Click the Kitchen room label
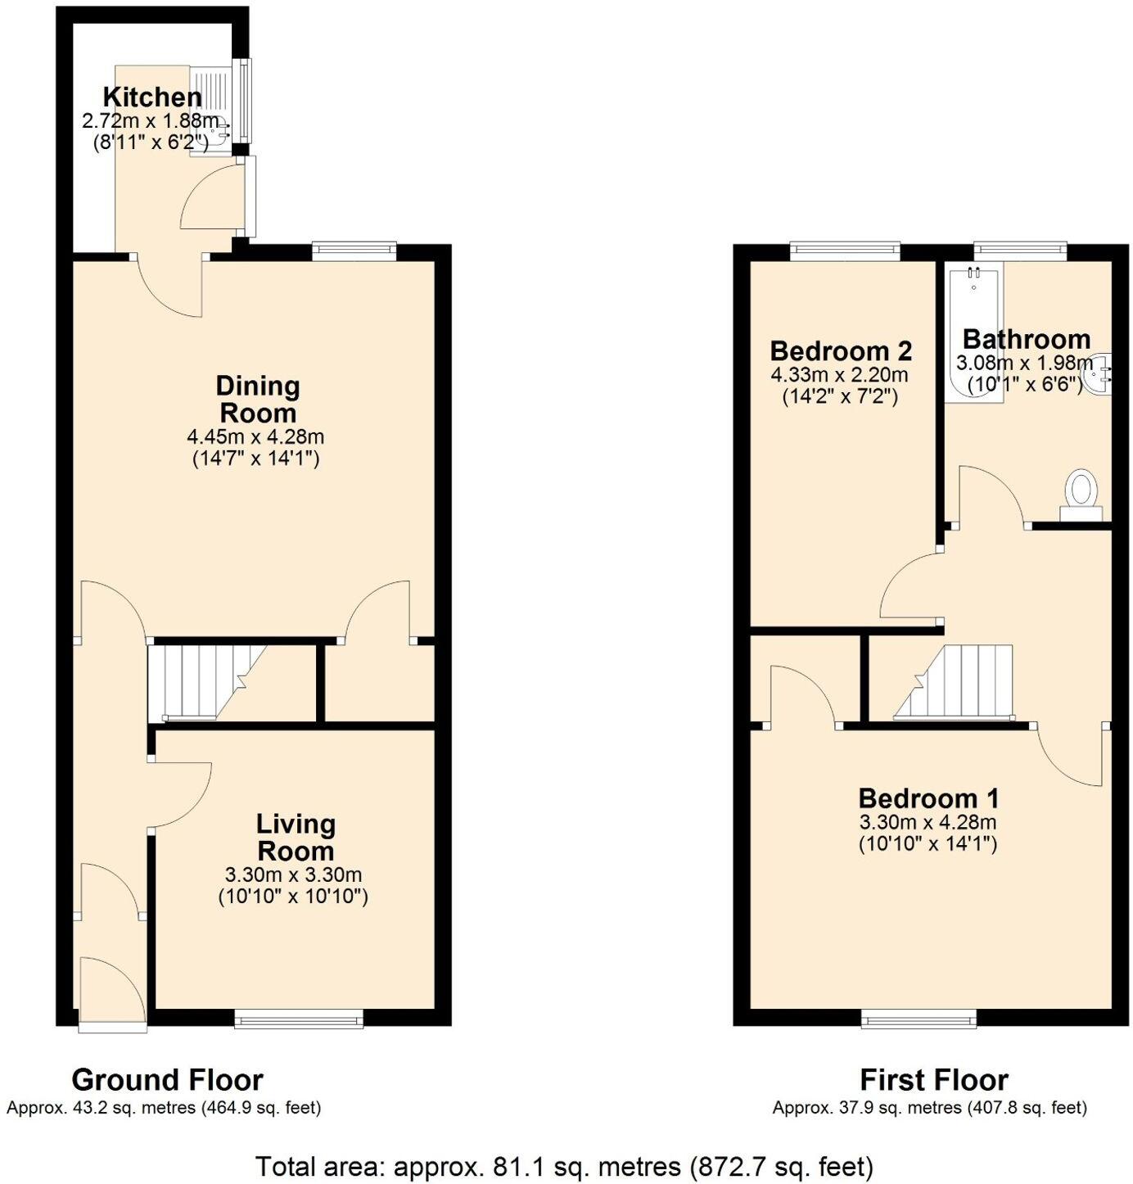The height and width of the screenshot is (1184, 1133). [152, 97]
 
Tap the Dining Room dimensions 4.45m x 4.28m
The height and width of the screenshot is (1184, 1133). [255, 437]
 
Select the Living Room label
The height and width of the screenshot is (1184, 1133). [295, 837]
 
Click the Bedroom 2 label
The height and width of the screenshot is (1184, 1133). [841, 351]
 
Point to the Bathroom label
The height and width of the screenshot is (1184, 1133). [1026, 339]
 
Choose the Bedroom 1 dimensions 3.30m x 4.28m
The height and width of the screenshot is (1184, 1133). [928, 823]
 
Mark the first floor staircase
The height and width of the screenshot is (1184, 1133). [958, 682]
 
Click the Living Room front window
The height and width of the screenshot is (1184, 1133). [299, 1018]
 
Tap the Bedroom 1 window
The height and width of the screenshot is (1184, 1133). [919, 1019]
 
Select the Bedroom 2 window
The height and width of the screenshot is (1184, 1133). [845, 250]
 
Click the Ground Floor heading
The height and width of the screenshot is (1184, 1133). [167, 1080]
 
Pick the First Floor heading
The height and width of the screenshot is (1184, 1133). [933, 1080]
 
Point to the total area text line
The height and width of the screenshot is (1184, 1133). [564, 1165]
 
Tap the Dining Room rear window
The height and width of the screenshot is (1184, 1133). [354, 251]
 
